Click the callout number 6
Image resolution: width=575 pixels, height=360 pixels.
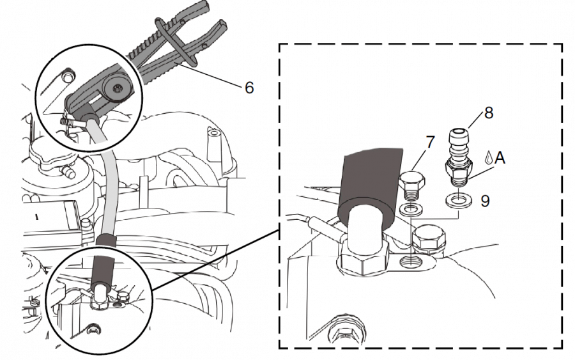coord(249,88)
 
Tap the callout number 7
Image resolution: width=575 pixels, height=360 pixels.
coord(430,143)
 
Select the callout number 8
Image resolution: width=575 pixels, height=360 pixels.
coord(489,113)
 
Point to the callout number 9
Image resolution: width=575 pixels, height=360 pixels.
coord(485,201)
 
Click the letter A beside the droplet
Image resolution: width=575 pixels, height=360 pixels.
coord(500,158)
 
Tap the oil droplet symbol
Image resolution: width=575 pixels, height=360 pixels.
coord(488,157)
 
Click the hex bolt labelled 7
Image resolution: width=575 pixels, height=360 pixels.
coord(412,185)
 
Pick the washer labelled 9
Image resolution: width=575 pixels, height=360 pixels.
coord(457,201)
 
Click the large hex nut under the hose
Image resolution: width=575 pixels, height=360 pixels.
coord(363,258)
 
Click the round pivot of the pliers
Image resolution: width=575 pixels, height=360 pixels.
coord(117,88)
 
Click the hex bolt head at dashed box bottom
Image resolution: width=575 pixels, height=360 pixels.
coord(345,332)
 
